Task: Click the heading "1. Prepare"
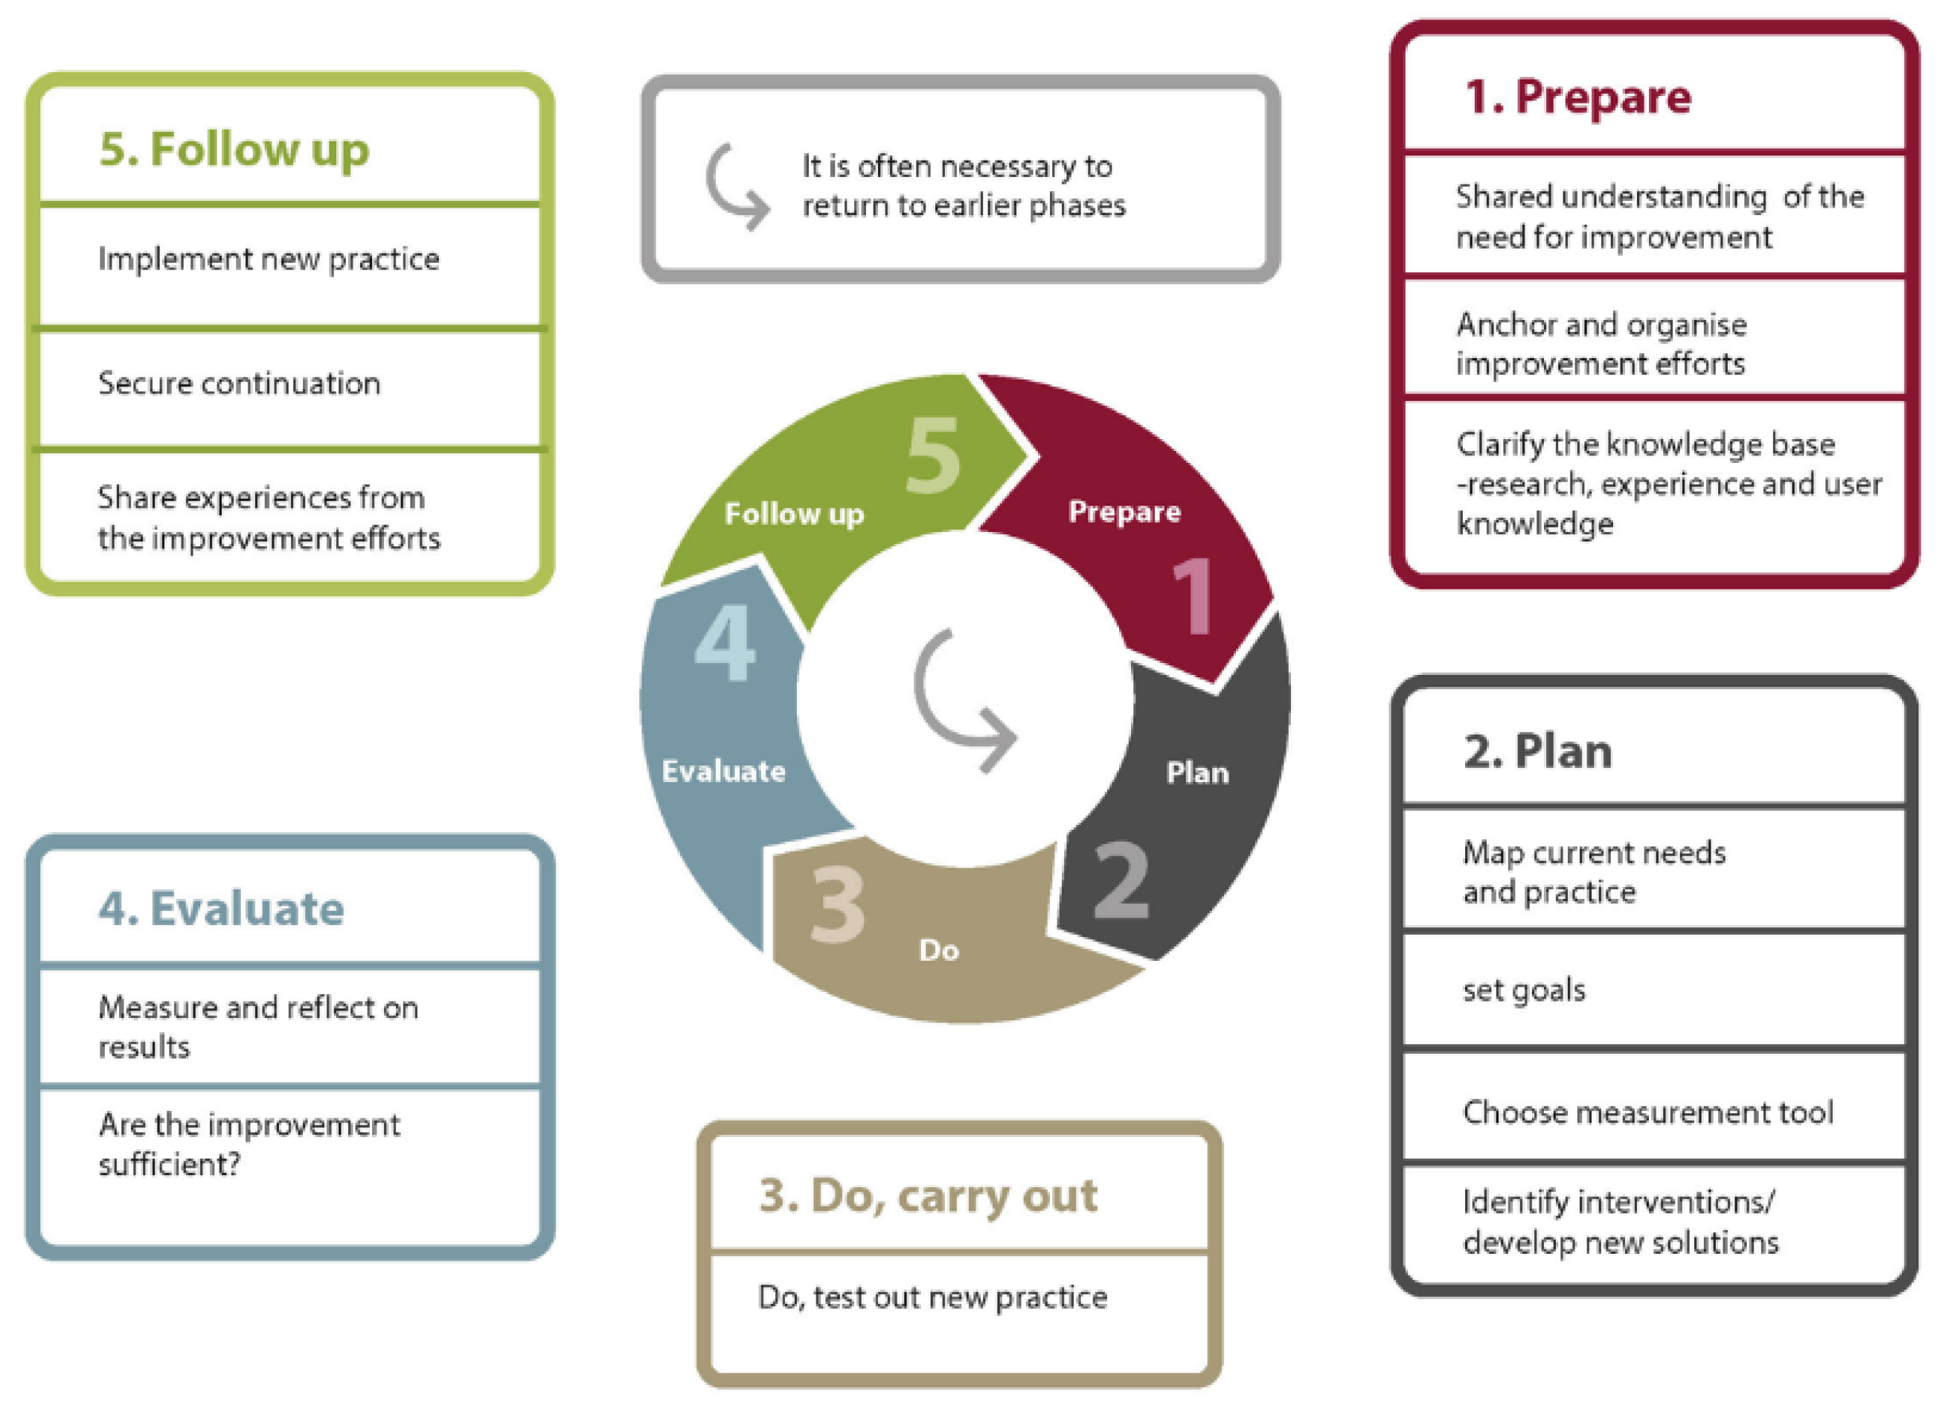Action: tap(1577, 96)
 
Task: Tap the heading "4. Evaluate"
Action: tap(221, 908)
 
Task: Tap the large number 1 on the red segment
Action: tap(1193, 596)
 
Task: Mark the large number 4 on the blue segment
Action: tap(725, 642)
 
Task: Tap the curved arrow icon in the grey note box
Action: tap(736, 187)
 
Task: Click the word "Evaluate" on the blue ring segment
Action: tap(723, 771)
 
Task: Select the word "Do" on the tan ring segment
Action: tap(938, 950)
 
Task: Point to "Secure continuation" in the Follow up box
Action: tap(240, 383)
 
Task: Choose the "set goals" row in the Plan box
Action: tap(1524, 990)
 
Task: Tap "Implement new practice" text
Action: tap(269, 259)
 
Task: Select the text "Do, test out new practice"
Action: tap(932, 1297)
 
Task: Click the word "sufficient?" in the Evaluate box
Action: tap(169, 1165)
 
